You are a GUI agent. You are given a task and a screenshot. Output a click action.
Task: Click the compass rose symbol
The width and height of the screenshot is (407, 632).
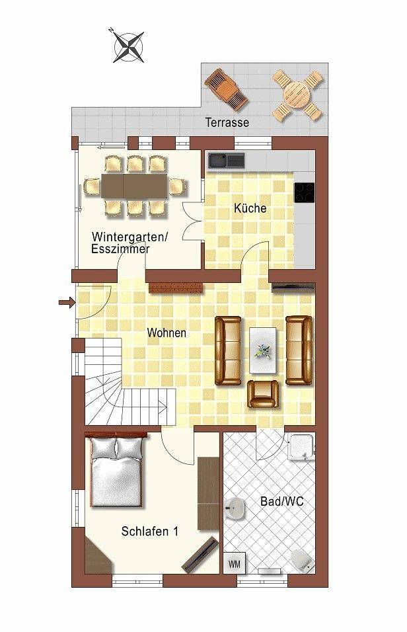128,46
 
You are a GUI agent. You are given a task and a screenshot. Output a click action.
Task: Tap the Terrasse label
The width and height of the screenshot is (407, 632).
227,122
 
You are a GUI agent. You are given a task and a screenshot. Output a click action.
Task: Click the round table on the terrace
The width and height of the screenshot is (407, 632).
298,95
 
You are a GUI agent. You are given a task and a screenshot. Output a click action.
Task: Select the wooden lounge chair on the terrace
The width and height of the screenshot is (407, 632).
227,89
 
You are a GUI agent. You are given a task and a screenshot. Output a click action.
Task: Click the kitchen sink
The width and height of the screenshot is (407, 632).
226,160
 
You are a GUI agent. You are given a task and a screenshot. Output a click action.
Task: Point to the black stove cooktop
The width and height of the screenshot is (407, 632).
304,192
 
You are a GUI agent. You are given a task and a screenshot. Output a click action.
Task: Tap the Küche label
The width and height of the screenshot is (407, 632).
250,208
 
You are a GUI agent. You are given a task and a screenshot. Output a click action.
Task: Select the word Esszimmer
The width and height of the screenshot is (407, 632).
120,249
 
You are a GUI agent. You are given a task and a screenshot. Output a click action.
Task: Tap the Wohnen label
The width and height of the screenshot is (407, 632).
166,333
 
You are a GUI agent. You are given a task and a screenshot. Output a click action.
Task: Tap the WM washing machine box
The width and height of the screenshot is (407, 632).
234,563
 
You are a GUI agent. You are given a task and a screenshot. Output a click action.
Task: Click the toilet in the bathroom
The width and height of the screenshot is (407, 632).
303,559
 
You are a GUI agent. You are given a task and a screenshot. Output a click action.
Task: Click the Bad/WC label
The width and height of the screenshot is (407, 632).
285,502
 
